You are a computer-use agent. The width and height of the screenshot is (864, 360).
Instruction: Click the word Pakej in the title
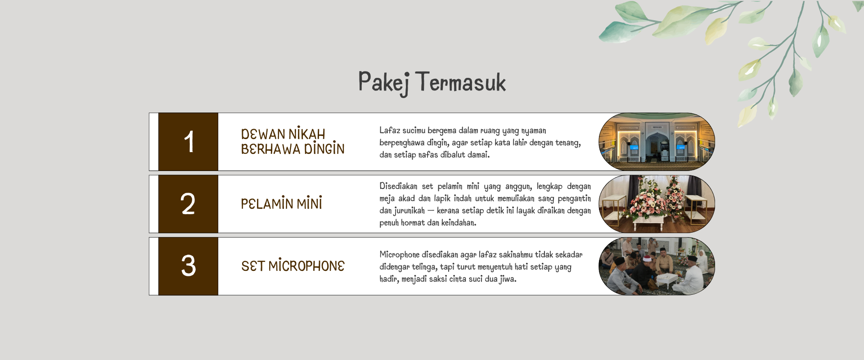(384, 83)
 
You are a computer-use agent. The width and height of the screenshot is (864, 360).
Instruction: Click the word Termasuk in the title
(461, 82)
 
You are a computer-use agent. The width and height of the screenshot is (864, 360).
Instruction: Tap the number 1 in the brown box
(189, 142)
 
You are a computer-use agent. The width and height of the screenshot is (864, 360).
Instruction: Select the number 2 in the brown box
(188, 204)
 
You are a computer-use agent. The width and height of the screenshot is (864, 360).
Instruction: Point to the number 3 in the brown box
(189, 265)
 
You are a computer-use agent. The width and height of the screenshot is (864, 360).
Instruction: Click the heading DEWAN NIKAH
(283, 134)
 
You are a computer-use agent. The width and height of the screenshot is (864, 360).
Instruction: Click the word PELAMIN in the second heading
(267, 203)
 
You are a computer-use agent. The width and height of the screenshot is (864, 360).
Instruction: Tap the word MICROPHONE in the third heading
(306, 265)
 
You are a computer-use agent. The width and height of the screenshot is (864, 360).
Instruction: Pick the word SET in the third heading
(253, 266)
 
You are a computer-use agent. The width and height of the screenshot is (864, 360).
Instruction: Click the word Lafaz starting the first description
(390, 130)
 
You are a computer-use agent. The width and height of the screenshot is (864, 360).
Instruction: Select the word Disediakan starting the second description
(398, 186)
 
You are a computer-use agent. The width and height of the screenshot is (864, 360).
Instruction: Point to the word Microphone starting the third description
(399, 255)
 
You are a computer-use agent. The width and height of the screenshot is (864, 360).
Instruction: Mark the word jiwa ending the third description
(508, 279)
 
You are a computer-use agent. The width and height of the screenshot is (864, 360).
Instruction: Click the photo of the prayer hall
(657, 142)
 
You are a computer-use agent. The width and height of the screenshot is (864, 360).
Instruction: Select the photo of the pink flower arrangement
(657, 204)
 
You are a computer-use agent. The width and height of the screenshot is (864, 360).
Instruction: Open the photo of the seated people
(657, 266)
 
